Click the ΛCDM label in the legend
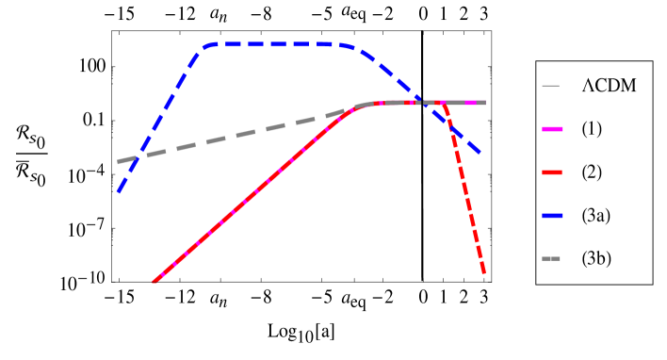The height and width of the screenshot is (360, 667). (609, 86)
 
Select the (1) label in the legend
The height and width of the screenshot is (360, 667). (592, 128)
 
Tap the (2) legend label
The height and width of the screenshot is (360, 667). (592, 172)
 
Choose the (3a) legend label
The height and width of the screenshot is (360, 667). (595, 215)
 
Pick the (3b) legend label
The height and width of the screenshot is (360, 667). (596, 257)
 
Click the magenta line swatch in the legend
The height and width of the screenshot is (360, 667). (552, 129)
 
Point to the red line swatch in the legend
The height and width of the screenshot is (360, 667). (552, 172)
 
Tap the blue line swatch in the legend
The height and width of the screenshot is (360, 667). (552, 216)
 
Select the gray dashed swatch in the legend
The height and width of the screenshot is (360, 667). (552, 258)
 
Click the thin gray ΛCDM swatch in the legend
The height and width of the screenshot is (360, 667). (552, 87)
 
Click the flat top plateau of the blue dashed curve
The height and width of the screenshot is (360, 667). (273, 44)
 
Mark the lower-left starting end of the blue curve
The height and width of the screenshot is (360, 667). (119, 191)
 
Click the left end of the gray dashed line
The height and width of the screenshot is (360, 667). (119, 162)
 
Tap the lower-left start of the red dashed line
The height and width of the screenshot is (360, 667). (154, 281)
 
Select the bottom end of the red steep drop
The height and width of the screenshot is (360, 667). (484, 273)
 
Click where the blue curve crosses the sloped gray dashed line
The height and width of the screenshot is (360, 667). (138, 158)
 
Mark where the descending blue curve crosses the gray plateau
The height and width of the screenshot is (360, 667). (419, 102)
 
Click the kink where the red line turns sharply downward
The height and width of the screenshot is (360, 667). (444, 103)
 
